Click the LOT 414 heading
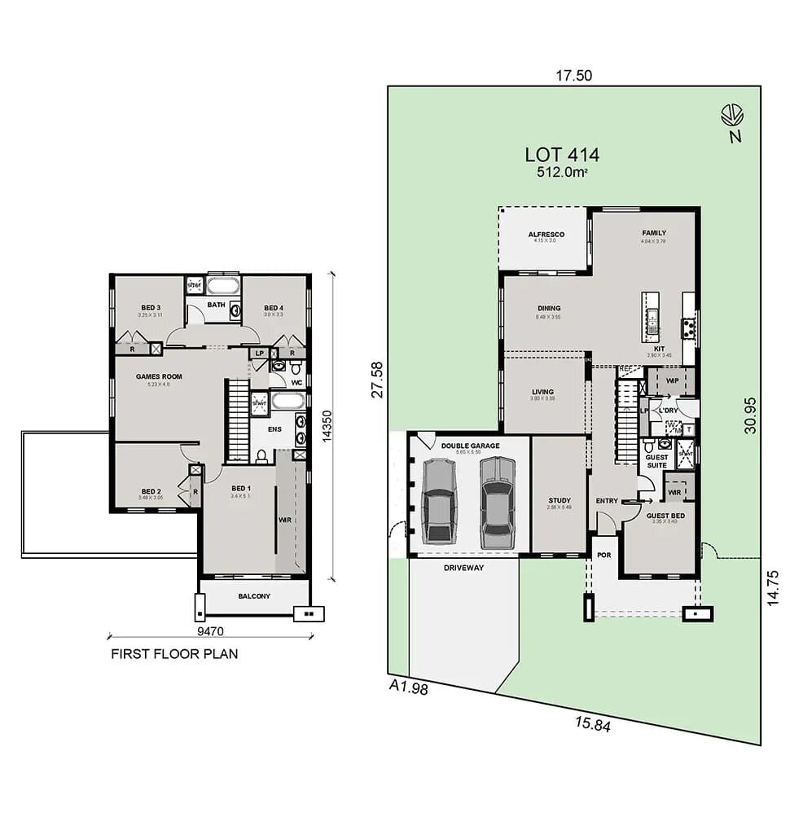pos(562,155)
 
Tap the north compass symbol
pos(732,114)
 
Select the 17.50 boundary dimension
pos(573,76)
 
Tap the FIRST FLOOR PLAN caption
pos(174,653)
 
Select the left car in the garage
pos(439,500)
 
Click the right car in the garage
pos(497,502)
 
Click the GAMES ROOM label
pos(159,376)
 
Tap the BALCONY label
pos(254,596)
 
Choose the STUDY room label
pos(559,501)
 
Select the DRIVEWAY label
pos(463,567)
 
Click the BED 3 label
pos(149,307)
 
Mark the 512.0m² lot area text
pos(562,173)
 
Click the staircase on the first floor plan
pos(238,422)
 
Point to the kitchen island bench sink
pos(651,318)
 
